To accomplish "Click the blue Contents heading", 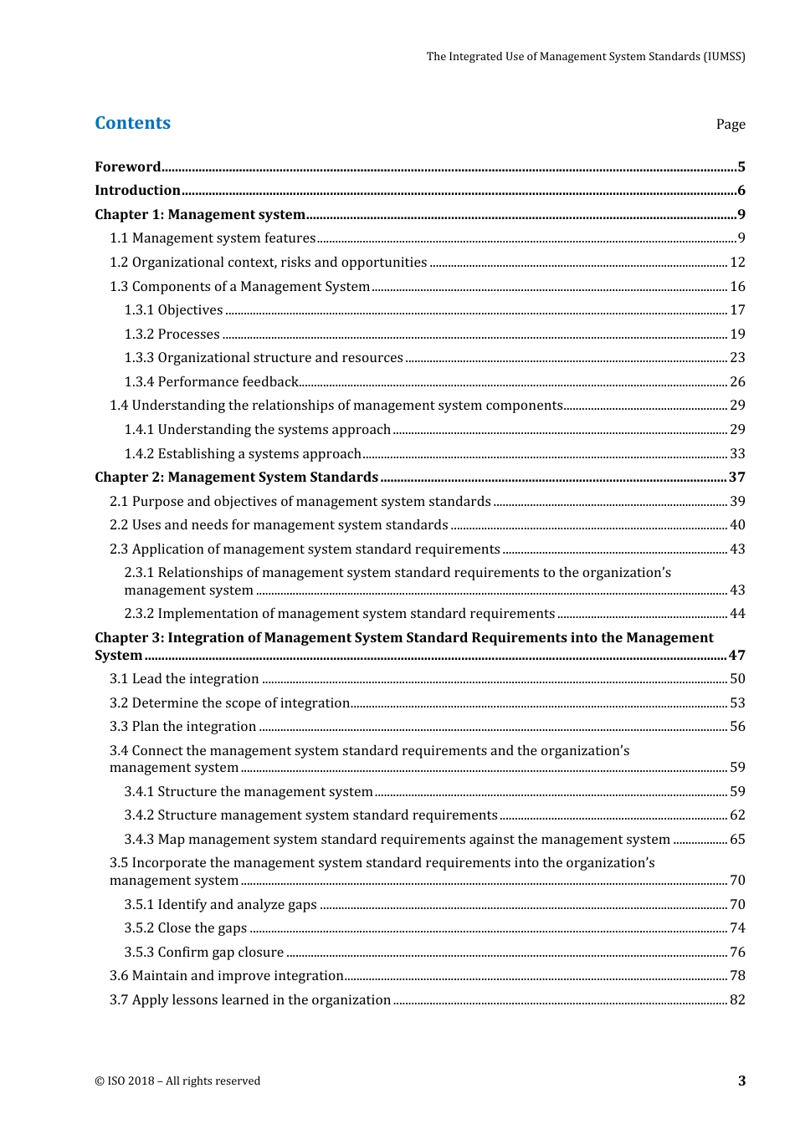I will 132,123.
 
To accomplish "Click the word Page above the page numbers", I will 730,125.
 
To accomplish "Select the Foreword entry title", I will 127,166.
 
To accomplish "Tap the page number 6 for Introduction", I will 741,191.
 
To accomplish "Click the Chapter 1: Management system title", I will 199,215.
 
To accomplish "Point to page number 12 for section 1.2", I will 737,263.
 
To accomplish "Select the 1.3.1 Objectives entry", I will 173,310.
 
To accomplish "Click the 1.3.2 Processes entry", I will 172,335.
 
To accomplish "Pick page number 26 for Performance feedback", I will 737,382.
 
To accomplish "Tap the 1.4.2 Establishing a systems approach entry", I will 243,454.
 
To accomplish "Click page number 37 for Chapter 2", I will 736,478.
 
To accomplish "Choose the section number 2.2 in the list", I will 119,525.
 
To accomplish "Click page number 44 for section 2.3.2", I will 737,614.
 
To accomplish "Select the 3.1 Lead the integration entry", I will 184,679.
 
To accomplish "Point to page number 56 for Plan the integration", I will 737,727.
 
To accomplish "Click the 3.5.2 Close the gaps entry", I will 185,928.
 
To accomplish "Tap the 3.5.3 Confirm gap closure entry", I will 203,953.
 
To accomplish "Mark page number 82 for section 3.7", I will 737,1000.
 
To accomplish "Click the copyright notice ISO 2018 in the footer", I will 177,1081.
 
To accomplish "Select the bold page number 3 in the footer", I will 741,1081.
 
